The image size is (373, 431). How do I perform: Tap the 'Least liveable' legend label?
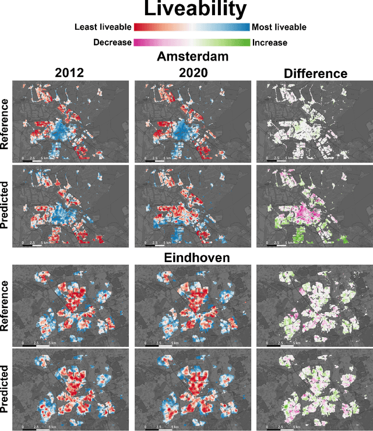coord(103,27)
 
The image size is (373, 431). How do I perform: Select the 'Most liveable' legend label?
coord(279,27)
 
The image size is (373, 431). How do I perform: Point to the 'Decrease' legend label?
coord(112,43)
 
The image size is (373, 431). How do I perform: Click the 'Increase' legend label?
coord(270,43)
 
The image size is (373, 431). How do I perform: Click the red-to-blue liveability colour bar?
coord(192,27)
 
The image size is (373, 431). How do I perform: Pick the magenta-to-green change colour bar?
coord(192,43)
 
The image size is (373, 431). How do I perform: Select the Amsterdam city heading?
coord(192,58)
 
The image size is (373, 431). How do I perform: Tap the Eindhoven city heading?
coord(192,257)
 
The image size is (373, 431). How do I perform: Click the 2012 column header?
coord(70,73)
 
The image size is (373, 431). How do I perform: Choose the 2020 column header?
coord(192,73)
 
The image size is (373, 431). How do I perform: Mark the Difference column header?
coord(315,73)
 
